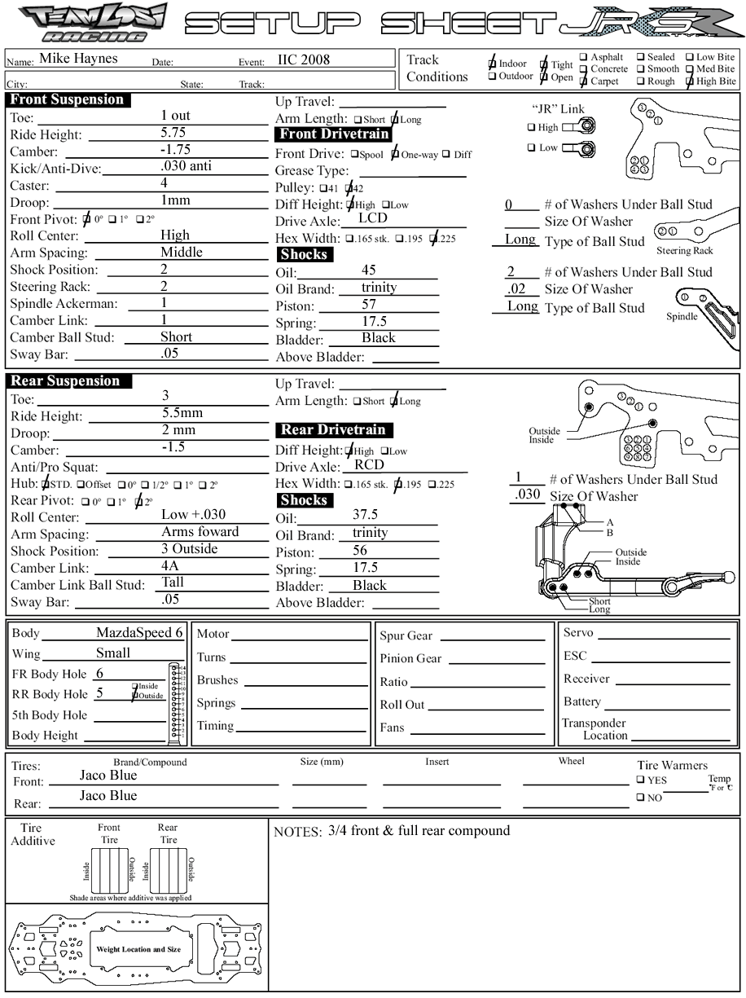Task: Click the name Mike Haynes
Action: (x=78, y=59)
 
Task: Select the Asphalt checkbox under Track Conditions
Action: (x=583, y=58)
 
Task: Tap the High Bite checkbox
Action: (x=690, y=81)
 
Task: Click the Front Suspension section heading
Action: (x=67, y=100)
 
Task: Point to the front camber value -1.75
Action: (x=175, y=150)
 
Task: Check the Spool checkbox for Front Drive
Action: (x=356, y=154)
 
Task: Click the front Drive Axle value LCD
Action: (x=372, y=218)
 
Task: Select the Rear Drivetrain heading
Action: (x=333, y=430)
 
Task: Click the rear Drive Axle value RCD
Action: (x=369, y=465)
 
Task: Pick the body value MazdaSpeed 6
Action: (x=139, y=633)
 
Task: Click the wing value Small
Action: (x=113, y=653)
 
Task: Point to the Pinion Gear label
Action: (x=411, y=659)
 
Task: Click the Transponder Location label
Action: (x=594, y=729)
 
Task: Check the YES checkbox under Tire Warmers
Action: (x=642, y=780)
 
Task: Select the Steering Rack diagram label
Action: (x=685, y=251)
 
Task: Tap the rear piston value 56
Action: (x=360, y=551)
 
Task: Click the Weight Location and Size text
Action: (x=138, y=950)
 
